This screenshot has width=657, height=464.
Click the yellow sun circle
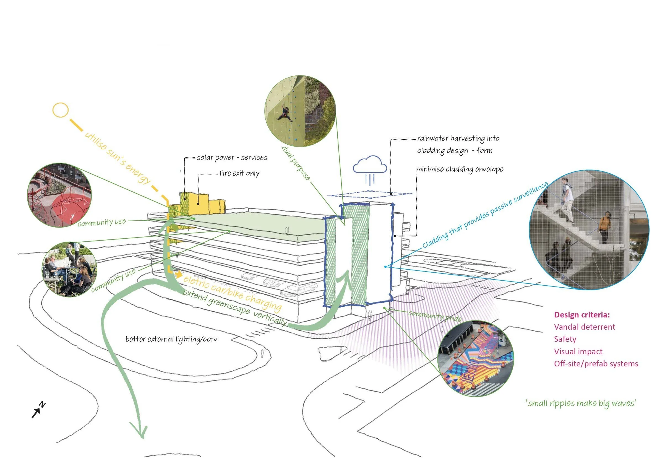tap(60, 110)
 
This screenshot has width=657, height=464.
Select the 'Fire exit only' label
tap(239, 173)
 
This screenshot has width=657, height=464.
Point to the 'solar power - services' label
tap(232, 158)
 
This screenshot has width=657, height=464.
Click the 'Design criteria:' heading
tap(582, 315)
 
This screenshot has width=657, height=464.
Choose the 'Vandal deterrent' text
tap(584, 327)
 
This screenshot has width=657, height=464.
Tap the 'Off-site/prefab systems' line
tap(596, 364)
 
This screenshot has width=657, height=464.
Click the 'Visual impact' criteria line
tap(578, 351)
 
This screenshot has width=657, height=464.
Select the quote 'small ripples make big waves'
tap(581, 403)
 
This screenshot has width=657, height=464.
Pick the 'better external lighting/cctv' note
tap(171, 339)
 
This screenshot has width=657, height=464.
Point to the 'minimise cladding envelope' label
tap(459, 169)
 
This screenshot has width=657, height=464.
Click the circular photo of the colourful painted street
tap(476, 359)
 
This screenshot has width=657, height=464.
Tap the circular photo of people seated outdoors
tap(69, 269)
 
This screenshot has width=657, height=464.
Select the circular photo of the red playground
tap(59, 195)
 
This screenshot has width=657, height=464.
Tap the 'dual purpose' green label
tap(296, 163)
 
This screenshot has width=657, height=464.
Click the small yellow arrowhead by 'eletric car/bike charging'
tap(179, 274)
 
